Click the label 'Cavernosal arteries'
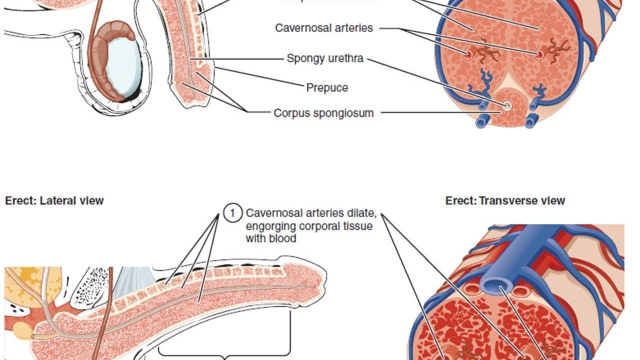click(324, 28)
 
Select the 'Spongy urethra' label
click(324, 58)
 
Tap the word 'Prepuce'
click(327, 88)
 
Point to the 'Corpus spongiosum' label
click(323, 113)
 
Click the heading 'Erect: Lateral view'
click(54, 201)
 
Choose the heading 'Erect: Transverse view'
click(505, 201)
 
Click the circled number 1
click(232, 213)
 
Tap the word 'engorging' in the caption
click(269, 226)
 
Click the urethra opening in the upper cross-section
click(506, 105)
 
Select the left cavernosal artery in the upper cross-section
click(468, 54)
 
